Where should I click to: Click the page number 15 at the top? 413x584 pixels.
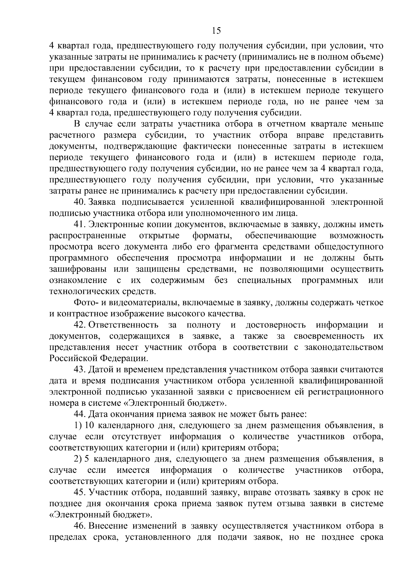(216, 31)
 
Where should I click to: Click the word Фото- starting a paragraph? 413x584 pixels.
(86, 302)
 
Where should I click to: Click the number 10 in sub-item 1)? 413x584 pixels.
(89, 425)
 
